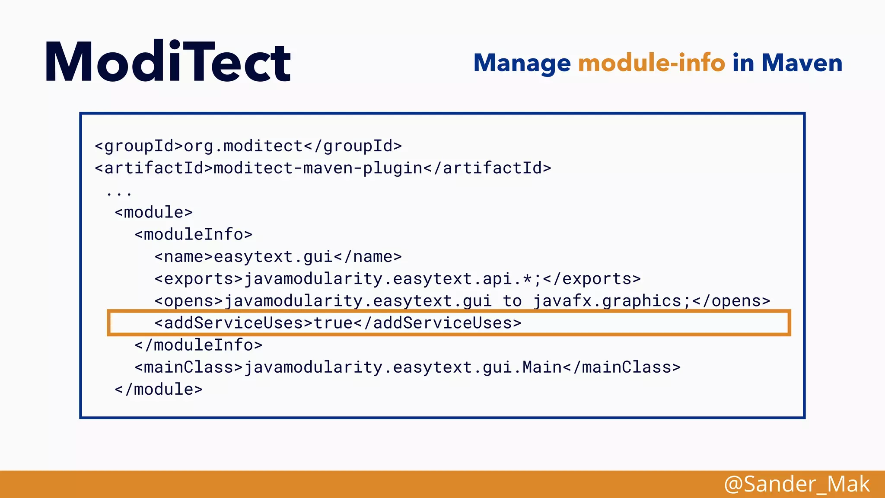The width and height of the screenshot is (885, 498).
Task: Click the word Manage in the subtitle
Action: coord(522,63)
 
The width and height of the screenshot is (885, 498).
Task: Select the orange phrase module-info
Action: coord(651,63)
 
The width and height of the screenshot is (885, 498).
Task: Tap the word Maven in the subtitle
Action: coord(802,63)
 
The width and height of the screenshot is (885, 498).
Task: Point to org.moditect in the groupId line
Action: coord(243,146)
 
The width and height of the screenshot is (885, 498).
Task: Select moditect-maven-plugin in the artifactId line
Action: coord(318,168)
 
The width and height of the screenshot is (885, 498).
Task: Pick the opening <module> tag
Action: coord(153,212)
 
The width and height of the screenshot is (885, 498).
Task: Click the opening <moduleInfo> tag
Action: coord(193,234)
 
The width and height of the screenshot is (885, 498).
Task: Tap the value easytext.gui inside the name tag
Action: coord(273,257)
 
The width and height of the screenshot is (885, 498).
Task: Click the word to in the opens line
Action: coord(512,301)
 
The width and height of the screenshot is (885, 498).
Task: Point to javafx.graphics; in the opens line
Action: coord(611,301)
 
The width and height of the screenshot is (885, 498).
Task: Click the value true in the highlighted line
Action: coord(333,323)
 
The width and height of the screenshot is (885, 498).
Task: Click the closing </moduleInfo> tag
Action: coord(198,345)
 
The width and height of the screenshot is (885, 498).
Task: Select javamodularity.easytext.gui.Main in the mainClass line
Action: coord(402,367)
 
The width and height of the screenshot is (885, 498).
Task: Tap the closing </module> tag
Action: coord(159,389)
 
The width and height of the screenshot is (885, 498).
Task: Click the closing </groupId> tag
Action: coord(353,146)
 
